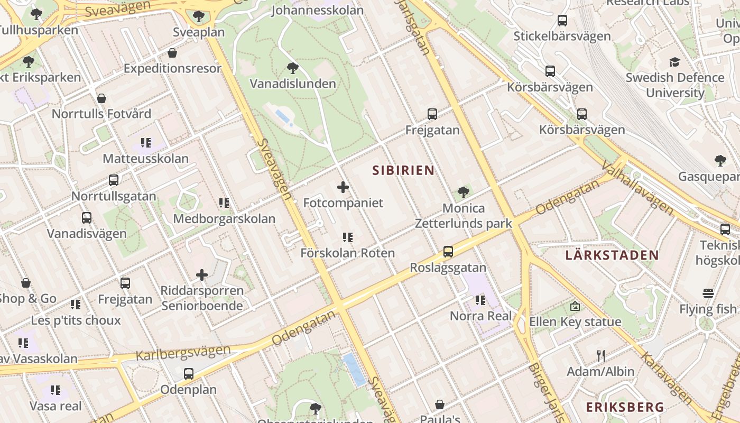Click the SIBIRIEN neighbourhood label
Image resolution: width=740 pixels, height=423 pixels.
tap(403, 170)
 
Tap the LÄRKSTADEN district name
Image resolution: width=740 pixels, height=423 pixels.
tap(612, 255)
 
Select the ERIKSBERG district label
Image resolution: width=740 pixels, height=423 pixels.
tap(625, 407)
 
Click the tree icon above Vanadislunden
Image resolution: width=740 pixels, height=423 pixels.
tap(292, 68)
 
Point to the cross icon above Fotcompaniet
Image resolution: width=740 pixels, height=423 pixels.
tap(343, 187)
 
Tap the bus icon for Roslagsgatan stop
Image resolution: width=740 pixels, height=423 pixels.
tap(448, 252)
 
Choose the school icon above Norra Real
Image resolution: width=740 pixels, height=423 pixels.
tap(480, 300)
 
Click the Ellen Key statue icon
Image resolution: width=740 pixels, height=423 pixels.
tap(575, 306)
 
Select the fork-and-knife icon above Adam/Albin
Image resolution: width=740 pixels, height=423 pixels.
tap(600, 355)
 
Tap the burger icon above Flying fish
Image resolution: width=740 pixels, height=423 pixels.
tap(708, 293)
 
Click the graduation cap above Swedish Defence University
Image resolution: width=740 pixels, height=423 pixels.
tap(674, 62)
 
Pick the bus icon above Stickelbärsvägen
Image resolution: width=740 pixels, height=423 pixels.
tap(562, 21)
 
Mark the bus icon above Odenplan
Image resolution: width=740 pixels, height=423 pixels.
tap(189, 374)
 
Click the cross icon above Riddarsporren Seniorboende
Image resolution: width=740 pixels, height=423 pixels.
tap(202, 275)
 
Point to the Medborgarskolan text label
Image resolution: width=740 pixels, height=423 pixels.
tap(224, 219)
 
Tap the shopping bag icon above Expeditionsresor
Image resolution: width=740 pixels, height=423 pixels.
tap(172, 53)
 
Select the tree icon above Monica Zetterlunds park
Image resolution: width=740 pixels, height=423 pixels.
tap(464, 192)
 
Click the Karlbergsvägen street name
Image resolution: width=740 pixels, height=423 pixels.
tap(183, 352)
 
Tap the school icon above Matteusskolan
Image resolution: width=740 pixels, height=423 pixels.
tap(146, 143)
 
